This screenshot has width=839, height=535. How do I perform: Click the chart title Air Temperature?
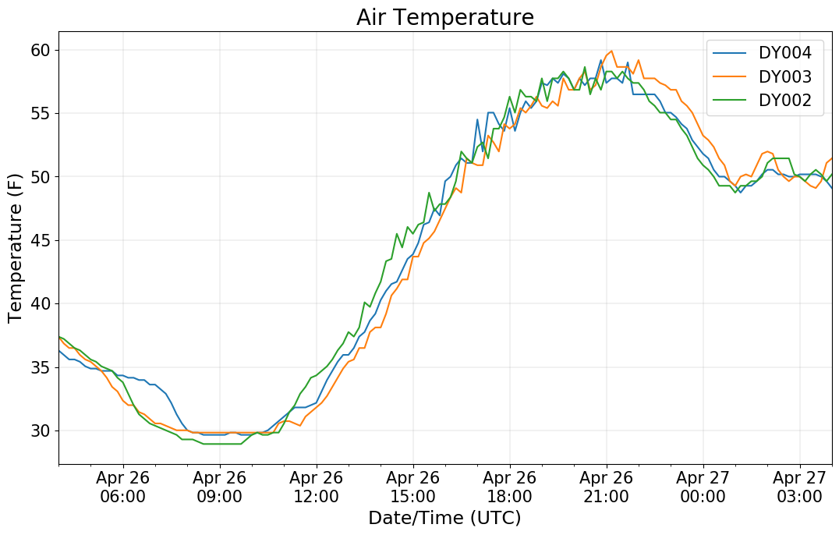[444, 17]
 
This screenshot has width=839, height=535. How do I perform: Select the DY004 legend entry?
[785, 53]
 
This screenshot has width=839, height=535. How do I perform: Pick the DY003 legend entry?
[785, 76]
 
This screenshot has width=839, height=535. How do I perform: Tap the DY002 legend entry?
[785, 101]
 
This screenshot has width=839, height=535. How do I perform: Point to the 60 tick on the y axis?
[41, 50]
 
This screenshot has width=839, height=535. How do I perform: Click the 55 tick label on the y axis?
[41, 114]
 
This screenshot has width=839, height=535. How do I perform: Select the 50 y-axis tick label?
[41, 177]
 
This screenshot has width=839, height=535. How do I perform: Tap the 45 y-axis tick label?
[41, 240]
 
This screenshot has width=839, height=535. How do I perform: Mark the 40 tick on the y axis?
[41, 303]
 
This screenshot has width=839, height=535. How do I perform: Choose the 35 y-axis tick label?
[41, 367]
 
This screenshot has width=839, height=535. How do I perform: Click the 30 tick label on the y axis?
[41, 430]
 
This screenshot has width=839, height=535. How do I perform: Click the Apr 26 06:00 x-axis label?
[122, 487]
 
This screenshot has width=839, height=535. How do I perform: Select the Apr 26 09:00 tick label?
[219, 487]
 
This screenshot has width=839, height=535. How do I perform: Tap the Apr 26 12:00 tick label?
[316, 487]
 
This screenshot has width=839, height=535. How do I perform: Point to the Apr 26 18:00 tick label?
[509, 487]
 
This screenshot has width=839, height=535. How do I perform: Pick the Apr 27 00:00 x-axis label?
[703, 487]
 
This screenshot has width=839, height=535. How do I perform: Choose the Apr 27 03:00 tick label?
[799, 487]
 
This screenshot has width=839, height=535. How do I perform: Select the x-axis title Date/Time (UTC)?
[444, 518]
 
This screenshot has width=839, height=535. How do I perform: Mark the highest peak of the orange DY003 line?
[611, 51]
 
